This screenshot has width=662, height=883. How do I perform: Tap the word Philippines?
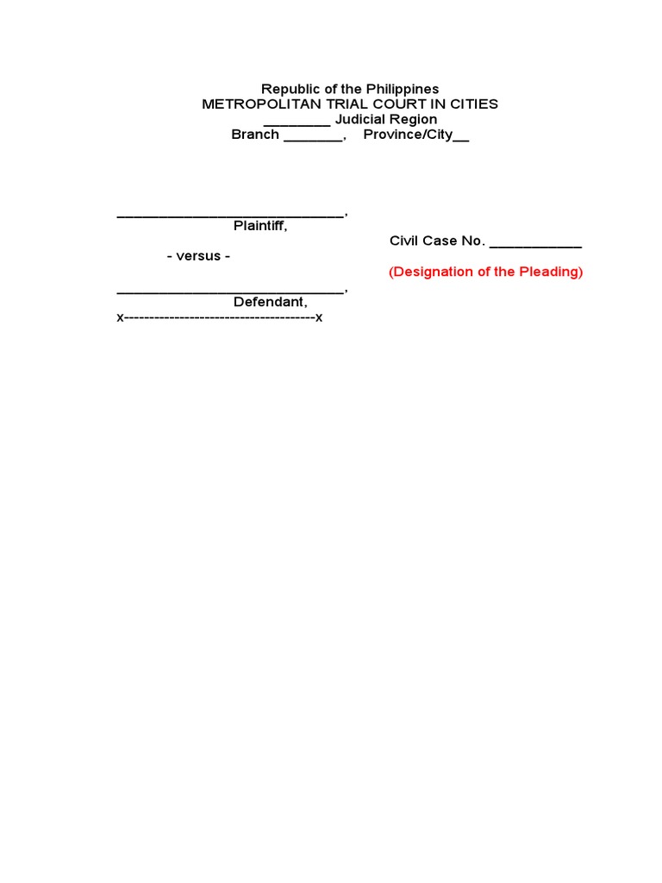pyautogui.click(x=404, y=90)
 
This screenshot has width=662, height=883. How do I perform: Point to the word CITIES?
pyautogui.click(x=472, y=104)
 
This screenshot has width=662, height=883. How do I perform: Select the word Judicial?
pyautogui.click(x=360, y=119)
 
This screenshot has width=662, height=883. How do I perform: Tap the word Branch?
pyautogui.click(x=255, y=135)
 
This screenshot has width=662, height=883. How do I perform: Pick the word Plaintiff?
pyautogui.click(x=259, y=226)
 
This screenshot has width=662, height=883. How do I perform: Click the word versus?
pyautogui.click(x=198, y=256)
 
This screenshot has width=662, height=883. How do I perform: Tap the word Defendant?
pyautogui.click(x=269, y=302)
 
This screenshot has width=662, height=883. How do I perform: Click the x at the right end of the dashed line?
pyautogui.click(x=319, y=317)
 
